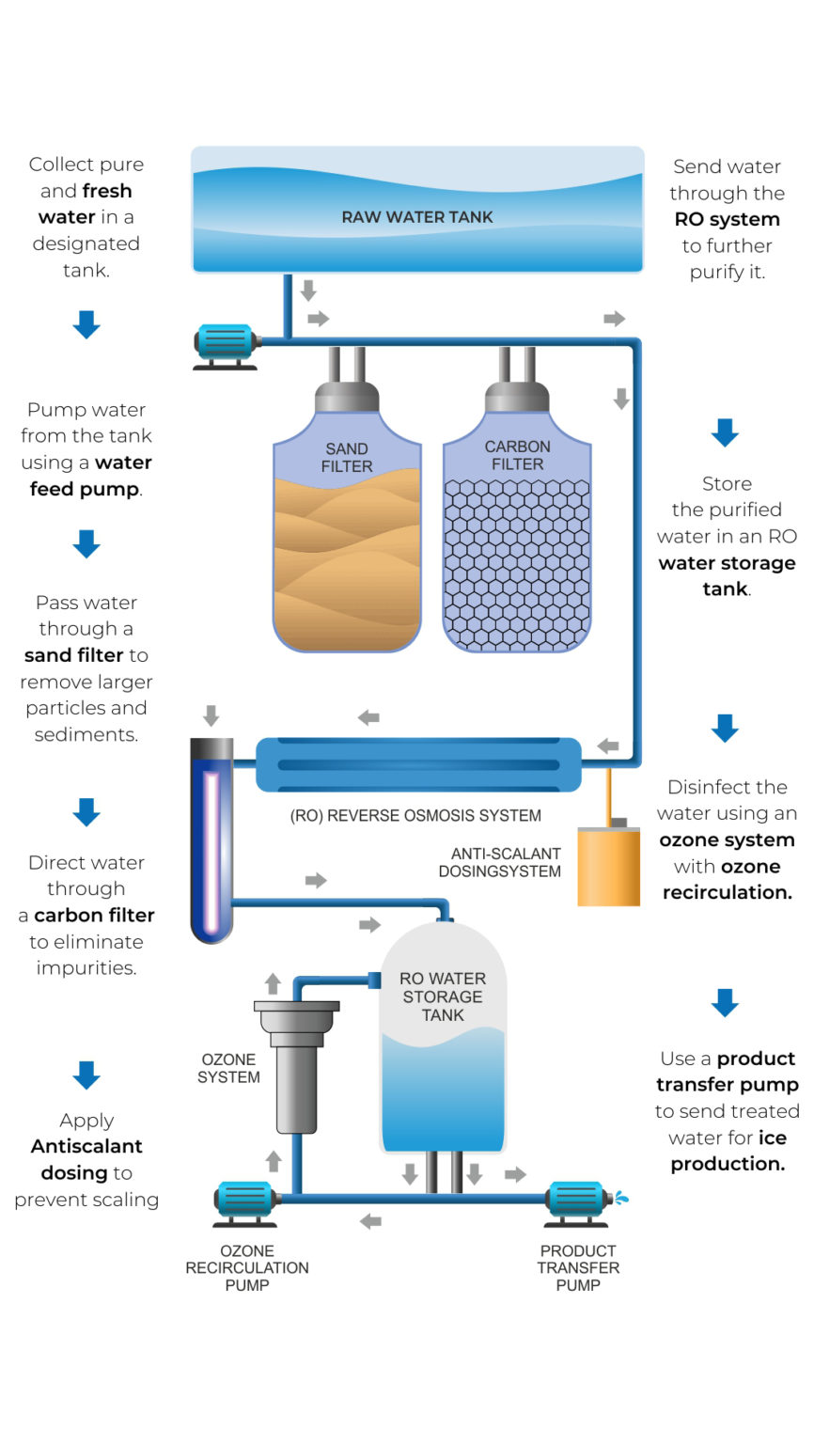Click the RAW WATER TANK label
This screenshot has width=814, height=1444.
[x=417, y=217]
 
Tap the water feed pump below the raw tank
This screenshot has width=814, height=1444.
[x=225, y=344]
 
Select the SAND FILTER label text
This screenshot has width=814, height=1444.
[x=347, y=458]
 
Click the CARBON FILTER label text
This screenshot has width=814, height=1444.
[x=517, y=455]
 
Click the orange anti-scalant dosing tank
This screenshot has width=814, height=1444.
[x=608, y=866]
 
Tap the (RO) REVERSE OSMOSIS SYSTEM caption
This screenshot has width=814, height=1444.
[x=415, y=815]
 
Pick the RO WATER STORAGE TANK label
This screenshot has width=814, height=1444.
[x=443, y=997]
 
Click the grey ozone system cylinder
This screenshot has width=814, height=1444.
[x=296, y=1072]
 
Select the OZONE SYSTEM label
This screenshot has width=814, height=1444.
[x=228, y=1068]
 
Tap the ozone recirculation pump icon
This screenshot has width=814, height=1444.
[x=246, y=1201]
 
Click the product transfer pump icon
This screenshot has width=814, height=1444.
[x=577, y=1201]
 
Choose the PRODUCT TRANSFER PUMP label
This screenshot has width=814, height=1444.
[x=578, y=1267]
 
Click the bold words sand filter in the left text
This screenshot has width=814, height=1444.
[x=74, y=655]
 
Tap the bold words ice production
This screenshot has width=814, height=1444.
[x=729, y=1151]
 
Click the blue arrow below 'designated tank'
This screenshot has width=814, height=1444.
[x=86, y=324]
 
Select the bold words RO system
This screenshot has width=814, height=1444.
[x=727, y=219]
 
